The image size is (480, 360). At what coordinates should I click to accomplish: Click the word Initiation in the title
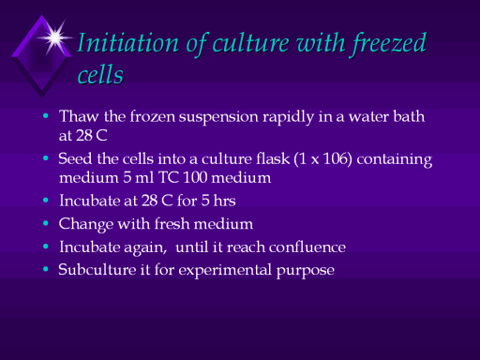click(128, 43)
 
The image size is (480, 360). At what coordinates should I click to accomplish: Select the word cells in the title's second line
click(100, 75)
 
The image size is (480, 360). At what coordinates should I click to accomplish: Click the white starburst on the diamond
click(55, 37)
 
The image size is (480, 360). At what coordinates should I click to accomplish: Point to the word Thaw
click(79, 116)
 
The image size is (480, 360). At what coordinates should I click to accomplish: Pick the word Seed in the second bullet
click(75, 158)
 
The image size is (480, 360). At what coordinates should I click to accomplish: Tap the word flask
click(273, 158)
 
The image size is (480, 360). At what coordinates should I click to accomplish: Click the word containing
click(395, 159)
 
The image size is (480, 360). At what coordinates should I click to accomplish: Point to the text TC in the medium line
click(169, 177)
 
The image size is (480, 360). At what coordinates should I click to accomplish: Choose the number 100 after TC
click(195, 177)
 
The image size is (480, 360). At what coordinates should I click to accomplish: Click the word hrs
click(224, 201)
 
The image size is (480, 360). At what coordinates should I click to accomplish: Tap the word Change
click(86, 224)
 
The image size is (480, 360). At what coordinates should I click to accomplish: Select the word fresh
click(172, 223)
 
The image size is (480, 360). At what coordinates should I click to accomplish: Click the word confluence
click(307, 247)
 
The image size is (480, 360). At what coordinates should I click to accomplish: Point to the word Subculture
click(97, 269)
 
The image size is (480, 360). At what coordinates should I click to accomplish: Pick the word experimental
click(225, 271)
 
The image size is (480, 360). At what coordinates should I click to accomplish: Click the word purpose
click(306, 272)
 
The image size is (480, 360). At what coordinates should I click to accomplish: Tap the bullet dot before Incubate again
click(46, 247)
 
